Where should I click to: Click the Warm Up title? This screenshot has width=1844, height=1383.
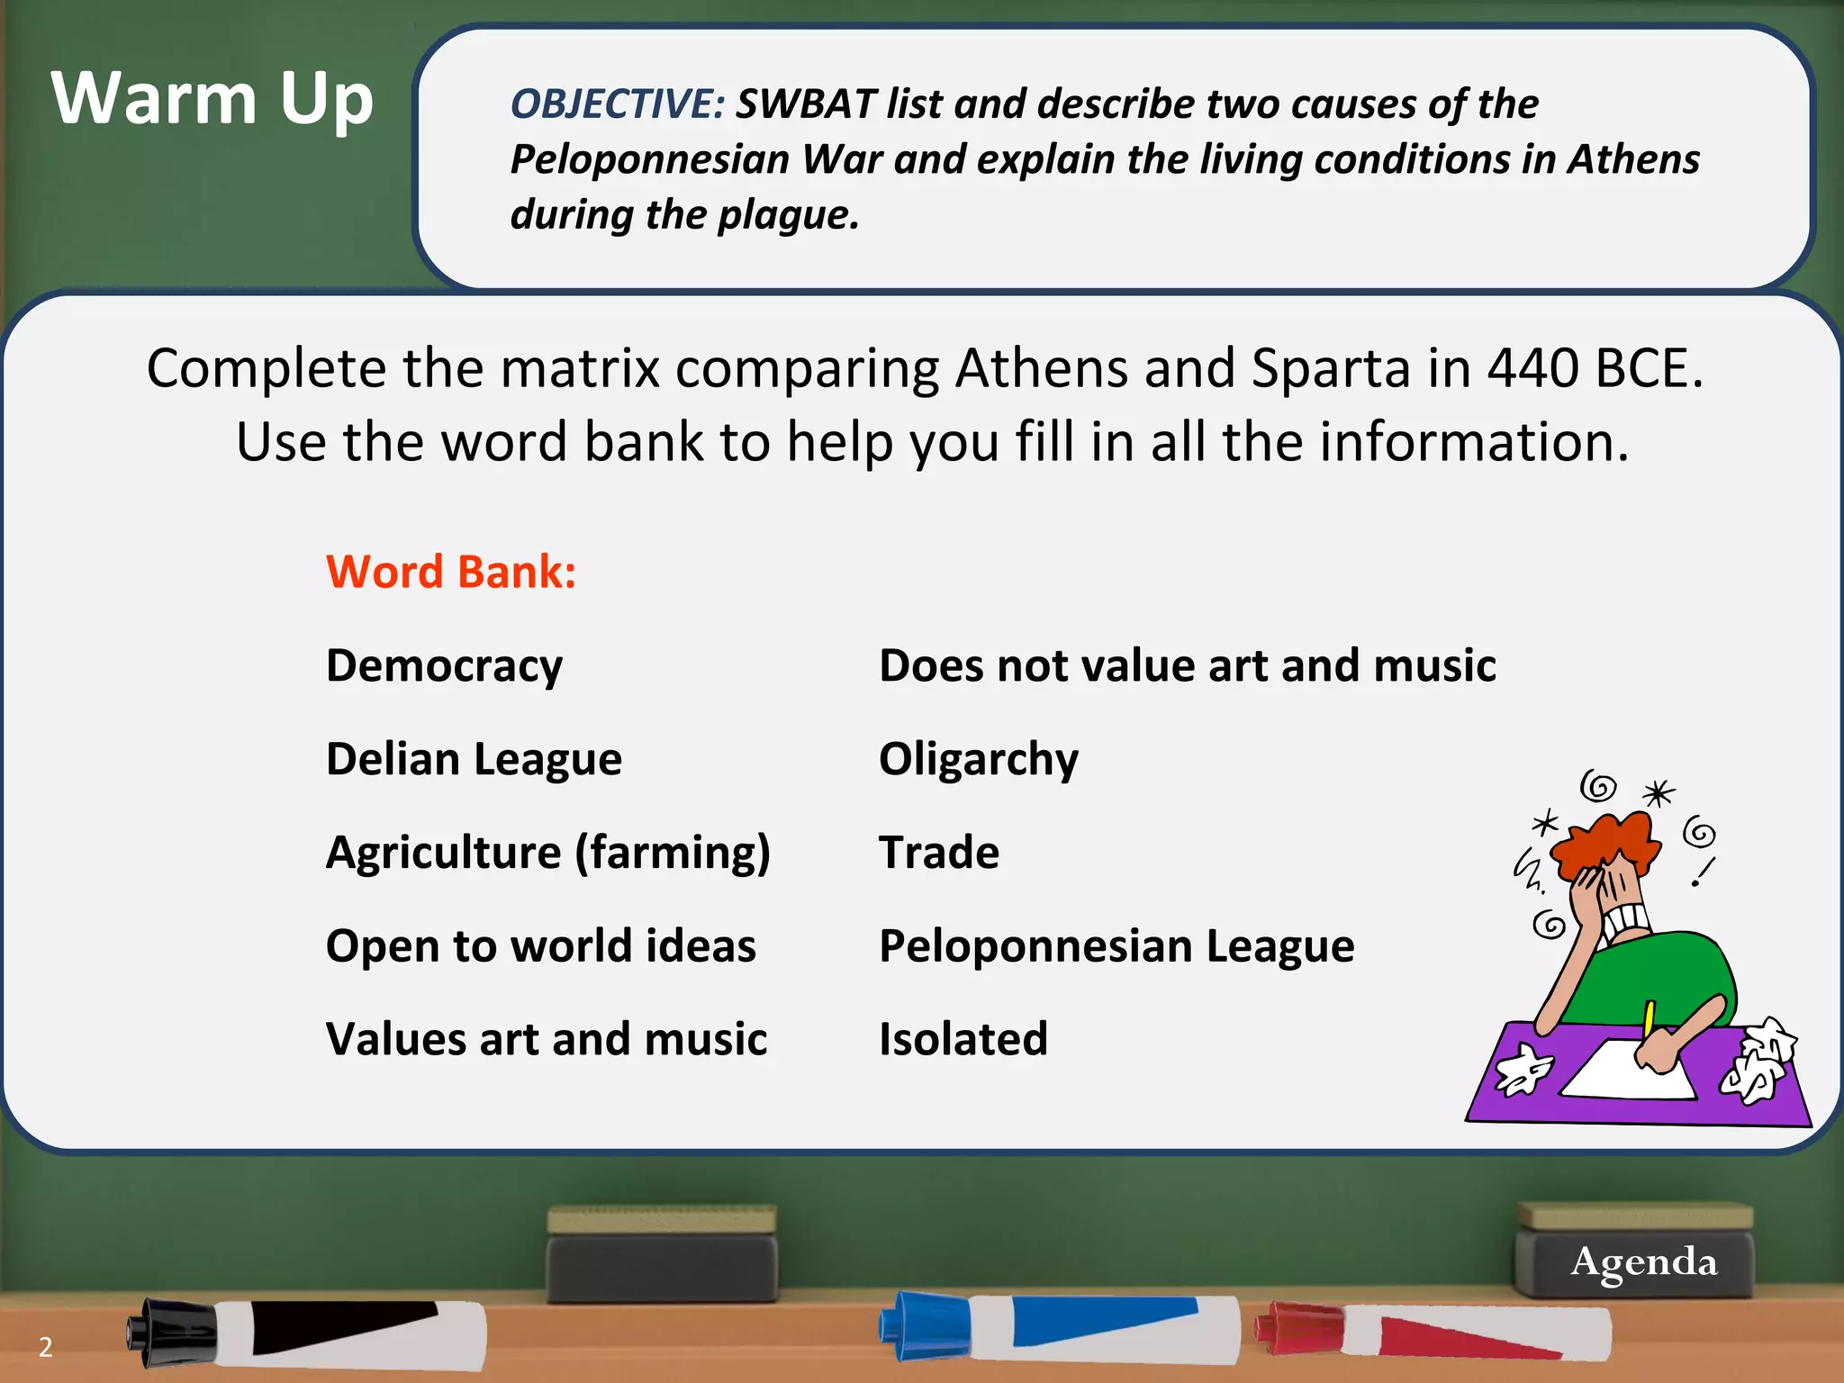(212, 99)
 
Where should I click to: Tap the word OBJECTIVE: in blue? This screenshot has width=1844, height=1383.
(618, 104)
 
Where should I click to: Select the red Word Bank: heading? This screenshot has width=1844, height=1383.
(451, 572)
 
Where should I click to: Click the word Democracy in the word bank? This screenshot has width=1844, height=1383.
(445, 666)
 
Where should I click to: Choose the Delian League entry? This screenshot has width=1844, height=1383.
(474, 759)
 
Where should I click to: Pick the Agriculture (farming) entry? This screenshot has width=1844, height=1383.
(548, 853)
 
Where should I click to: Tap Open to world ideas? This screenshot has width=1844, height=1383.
(541, 946)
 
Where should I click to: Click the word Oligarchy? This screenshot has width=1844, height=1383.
(979, 759)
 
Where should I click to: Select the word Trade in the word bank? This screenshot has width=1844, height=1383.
(939, 853)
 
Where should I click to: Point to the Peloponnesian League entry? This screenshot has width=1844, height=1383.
(1116, 946)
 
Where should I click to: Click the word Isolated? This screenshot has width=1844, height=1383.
(963, 1039)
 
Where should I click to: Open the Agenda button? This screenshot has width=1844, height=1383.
(1643, 1261)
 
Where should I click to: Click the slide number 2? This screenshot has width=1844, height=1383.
(46, 1347)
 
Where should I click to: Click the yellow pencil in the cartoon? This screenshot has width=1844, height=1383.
(1649, 1019)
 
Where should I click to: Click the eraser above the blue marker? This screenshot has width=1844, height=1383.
(662, 1252)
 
